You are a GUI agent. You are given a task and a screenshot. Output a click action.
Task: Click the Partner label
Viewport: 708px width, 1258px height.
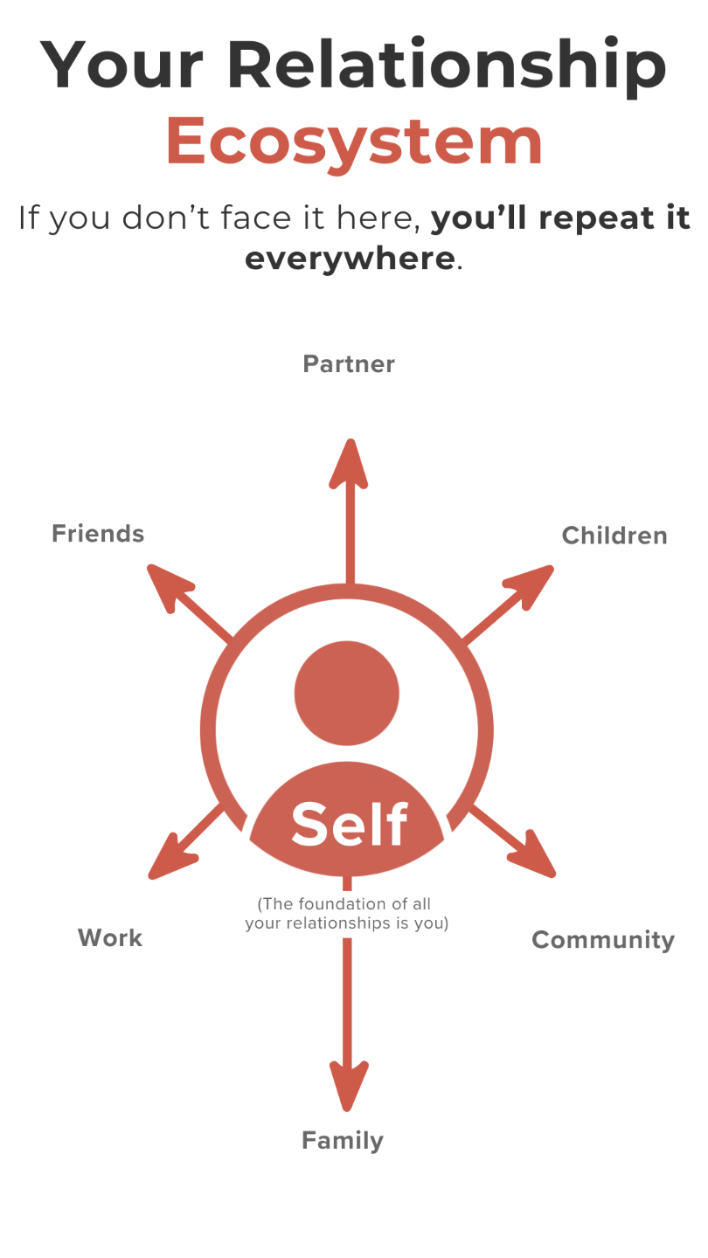click(349, 363)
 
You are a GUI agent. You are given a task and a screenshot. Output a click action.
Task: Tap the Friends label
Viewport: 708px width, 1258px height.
click(98, 533)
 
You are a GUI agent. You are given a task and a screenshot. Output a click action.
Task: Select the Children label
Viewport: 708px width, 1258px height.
click(614, 536)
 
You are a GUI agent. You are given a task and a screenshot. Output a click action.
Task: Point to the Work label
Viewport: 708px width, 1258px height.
click(110, 937)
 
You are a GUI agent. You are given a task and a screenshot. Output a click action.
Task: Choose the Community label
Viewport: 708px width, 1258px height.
click(603, 940)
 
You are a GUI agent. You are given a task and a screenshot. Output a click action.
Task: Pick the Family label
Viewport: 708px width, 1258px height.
click(343, 1140)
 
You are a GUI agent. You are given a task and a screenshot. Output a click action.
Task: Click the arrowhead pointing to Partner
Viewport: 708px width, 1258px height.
click(349, 463)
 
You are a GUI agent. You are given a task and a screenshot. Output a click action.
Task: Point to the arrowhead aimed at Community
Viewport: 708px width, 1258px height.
click(535, 859)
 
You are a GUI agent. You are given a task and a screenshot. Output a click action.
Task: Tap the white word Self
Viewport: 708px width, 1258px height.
click(349, 824)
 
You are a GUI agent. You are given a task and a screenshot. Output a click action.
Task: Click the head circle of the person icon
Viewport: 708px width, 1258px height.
click(347, 694)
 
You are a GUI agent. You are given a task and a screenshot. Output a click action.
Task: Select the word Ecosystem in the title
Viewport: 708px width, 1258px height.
click(354, 142)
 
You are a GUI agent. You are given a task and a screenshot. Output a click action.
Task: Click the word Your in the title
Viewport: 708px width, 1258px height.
click(120, 66)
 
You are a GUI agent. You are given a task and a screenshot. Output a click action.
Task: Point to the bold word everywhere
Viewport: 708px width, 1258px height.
click(350, 259)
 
